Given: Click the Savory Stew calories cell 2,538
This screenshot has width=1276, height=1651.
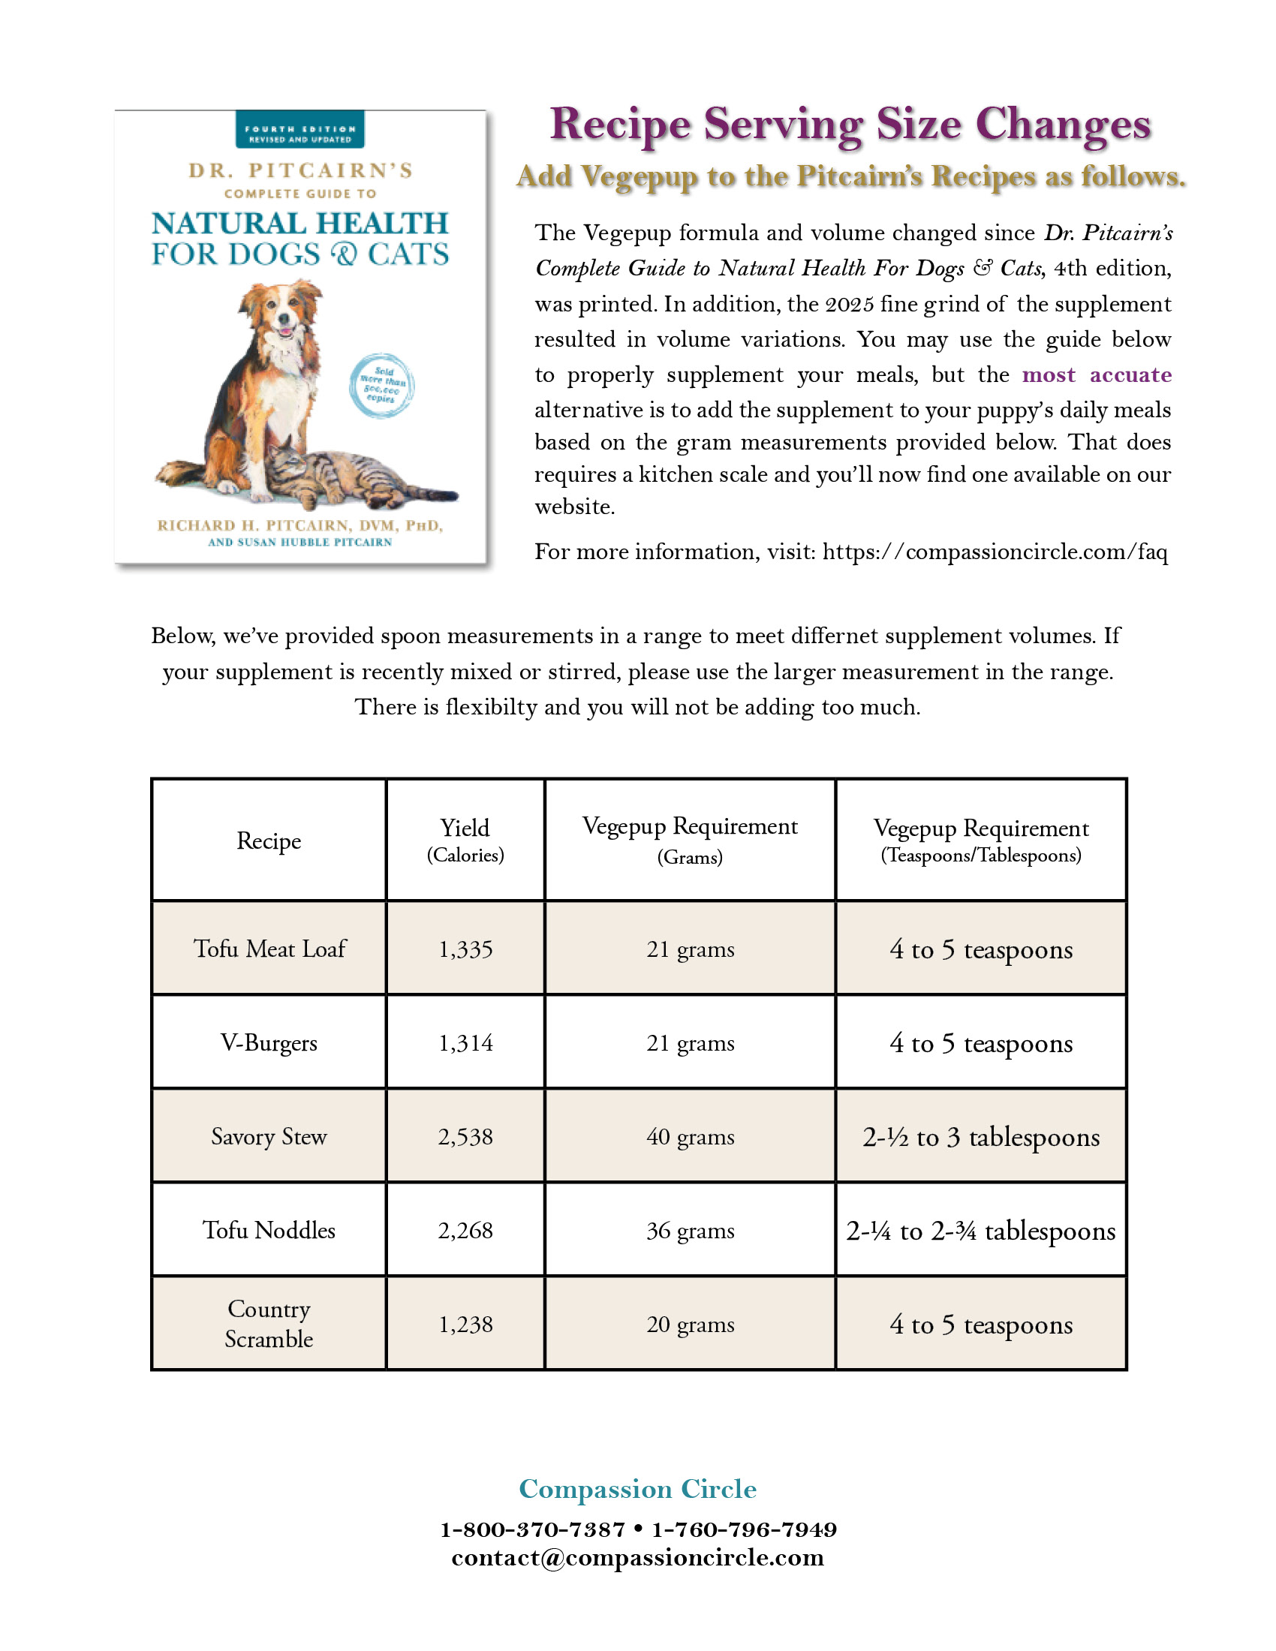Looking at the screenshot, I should (x=465, y=1136).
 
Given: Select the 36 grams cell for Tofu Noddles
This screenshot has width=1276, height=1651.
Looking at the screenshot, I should (x=689, y=1230).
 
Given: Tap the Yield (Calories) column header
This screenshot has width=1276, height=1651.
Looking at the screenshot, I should (x=465, y=839).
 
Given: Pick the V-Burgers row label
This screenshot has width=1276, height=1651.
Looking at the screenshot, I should (x=269, y=1042).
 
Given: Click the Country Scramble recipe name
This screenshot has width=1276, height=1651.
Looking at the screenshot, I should (x=269, y=1324).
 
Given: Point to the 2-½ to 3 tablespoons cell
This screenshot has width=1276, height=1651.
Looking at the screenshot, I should (x=980, y=1137).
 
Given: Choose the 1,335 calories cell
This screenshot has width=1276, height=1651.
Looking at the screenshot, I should (x=465, y=949).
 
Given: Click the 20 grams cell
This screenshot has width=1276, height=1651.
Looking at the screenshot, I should (x=689, y=1324).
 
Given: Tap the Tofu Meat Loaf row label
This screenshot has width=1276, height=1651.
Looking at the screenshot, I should (x=269, y=949).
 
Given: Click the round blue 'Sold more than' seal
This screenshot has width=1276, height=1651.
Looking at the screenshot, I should (x=382, y=386).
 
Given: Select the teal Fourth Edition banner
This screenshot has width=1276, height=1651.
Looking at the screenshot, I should (x=300, y=130).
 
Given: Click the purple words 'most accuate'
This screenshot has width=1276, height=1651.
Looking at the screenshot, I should (x=1096, y=375).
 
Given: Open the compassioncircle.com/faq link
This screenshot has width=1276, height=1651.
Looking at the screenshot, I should (x=994, y=552).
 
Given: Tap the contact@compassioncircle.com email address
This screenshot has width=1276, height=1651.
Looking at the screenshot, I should (x=637, y=1558).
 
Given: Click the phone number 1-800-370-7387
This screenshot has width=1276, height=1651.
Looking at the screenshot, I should (x=533, y=1529).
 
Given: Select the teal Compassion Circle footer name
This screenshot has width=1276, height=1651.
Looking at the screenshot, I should (x=637, y=1488).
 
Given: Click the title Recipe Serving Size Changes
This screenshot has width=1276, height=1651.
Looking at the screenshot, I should (x=850, y=124).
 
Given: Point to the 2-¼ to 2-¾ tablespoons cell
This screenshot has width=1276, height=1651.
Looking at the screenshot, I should (x=980, y=1231).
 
